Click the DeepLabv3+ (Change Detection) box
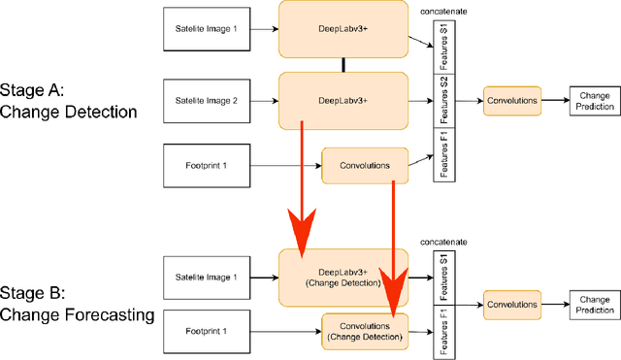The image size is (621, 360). tap(343, 278)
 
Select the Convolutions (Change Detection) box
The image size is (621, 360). tap(364, 331)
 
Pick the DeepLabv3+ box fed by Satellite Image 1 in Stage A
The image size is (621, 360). tap(343, 29)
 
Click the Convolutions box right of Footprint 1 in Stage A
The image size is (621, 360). tap(364, 165)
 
